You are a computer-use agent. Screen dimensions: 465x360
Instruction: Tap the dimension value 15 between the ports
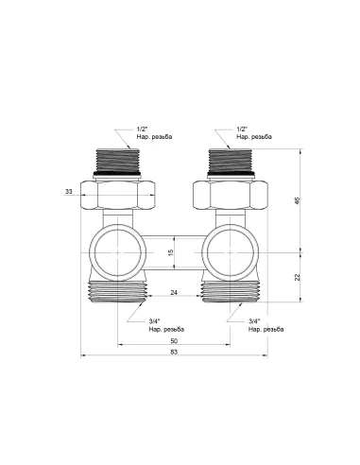(171, 254)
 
